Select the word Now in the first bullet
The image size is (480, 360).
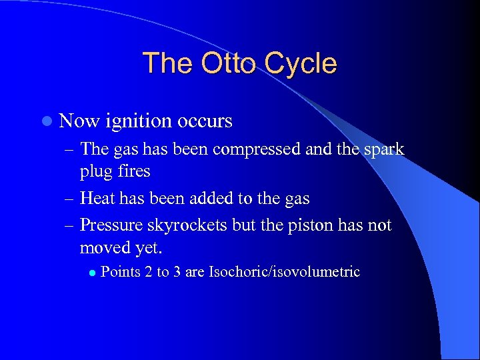[x=79, y=121]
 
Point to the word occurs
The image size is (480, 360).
[x=205, y=121]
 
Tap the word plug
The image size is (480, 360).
[x=96, y=171]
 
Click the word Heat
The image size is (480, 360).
[x=99, y=198]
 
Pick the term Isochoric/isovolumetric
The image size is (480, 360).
[x=285, y=272]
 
